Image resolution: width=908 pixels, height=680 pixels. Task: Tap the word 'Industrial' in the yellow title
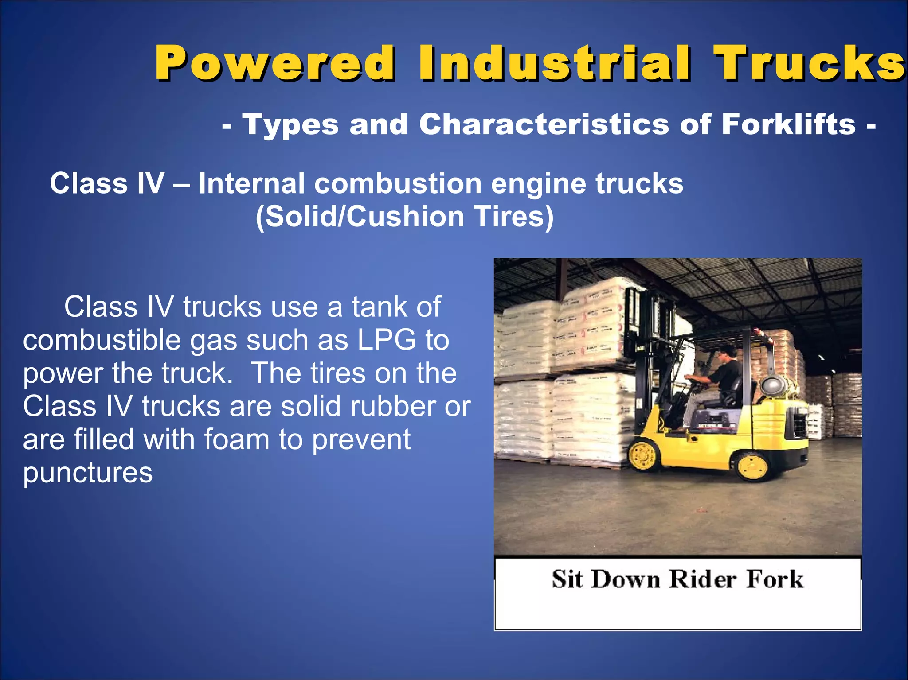(554, 63)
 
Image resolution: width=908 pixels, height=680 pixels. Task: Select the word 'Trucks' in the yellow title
(809, 63)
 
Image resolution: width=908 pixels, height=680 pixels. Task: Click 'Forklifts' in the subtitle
(788, 124)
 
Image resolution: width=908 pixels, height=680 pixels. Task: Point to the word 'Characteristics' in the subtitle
(544, 124)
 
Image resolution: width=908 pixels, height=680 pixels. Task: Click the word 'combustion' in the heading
(398, 184)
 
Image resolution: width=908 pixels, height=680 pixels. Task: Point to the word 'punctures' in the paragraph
(88, 473)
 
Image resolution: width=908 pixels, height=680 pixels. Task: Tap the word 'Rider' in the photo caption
(703, 579)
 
